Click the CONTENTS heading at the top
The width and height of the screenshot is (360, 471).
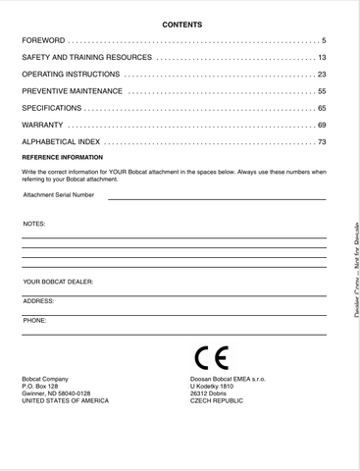pyautogui.click(x=181, y=24)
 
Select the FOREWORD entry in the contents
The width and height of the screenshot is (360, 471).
pyautogui.click(x=43, y=40)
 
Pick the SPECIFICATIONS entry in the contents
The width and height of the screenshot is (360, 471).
pyautogui.click(x=55, y=108)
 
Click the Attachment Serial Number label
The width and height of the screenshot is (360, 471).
pyautogui.click(x=59, y=194)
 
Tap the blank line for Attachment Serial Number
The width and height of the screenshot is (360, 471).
pyautogui.click(x=216, y=199)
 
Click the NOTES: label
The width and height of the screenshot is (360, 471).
pyautogui.click(x=34, y=224)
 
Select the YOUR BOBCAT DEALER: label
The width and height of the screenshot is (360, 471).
pyautogui.click(x=58, y=282)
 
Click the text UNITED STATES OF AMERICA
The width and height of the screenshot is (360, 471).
pyautogui.click(x=65, y=400)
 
